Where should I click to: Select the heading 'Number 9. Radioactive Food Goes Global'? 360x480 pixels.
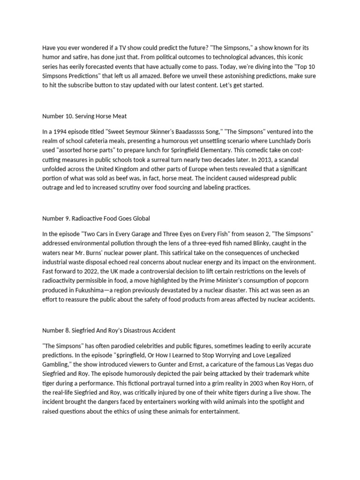coord(96,218)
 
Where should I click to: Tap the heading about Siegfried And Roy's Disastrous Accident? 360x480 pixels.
coord(109,330)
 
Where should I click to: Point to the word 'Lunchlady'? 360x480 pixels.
coord(280,141)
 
